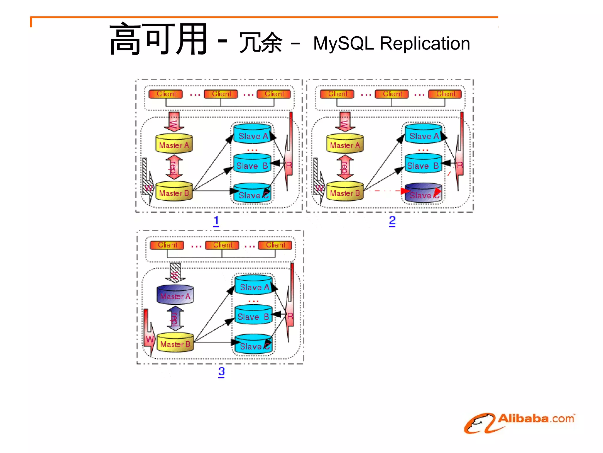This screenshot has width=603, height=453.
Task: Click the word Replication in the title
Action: (425, 44)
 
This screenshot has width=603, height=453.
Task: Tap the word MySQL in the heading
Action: (343, 44)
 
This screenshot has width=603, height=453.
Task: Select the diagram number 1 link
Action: (216, 221)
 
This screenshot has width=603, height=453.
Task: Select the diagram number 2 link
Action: (392, 221)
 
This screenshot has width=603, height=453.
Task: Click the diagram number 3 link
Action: (221, 372)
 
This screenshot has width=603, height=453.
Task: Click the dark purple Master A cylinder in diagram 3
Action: (175, 295)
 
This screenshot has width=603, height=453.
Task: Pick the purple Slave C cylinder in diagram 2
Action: (423, 193)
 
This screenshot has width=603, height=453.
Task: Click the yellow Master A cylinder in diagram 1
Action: (174, 144)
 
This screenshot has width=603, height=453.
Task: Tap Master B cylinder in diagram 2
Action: (345, 192)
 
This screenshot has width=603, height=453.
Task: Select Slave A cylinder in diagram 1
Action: (252, 134)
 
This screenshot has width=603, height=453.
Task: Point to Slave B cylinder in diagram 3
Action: (253, 315)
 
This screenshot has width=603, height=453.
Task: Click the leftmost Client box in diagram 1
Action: (166, 94)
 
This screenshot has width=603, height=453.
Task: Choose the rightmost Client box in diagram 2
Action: (445, 94)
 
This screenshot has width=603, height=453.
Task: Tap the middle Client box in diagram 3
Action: (222, 245)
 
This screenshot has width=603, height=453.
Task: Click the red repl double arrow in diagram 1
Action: (174, 167)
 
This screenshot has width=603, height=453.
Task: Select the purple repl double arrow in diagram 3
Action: (175, 318)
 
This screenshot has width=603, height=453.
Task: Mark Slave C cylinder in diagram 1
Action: (252, 193)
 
